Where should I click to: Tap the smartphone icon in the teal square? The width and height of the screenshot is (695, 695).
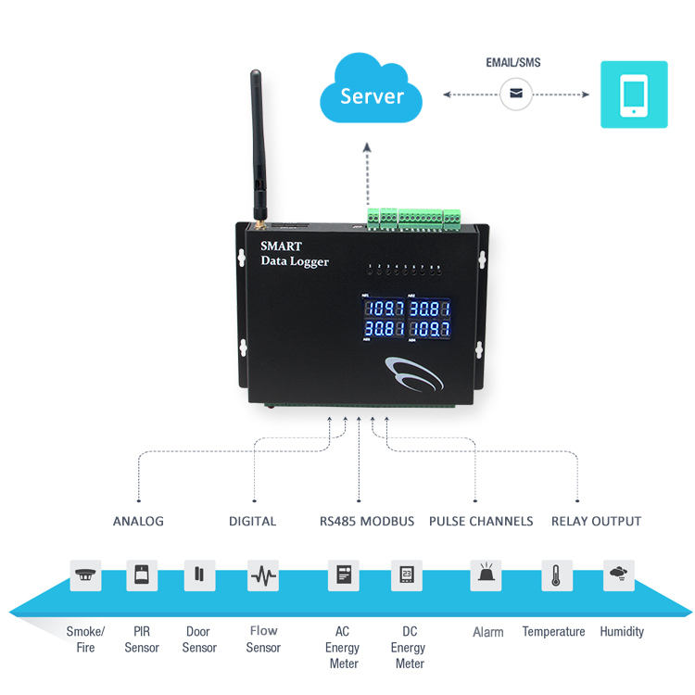(x=634, y=95)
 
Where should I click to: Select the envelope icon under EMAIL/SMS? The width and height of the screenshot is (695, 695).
(x=515, y=94)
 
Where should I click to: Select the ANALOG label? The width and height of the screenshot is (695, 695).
(x=138, y=521)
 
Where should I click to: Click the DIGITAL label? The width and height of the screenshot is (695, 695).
(x=252, y=521)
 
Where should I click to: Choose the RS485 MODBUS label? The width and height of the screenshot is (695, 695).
(x=360, y=521)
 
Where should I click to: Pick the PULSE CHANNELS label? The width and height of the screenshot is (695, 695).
(x=481, y=521)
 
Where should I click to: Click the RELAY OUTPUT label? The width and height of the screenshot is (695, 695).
(x=596, y=521)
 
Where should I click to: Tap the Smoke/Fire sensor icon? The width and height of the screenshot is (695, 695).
(x=86, y=575)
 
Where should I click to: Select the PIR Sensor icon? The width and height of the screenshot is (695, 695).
(x=142, y=575)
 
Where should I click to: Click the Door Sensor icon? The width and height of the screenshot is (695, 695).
(x=198, y=575)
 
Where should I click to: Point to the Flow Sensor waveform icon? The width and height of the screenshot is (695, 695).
(x=263, y=575)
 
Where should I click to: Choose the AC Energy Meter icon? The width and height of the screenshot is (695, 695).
(x=343, y=575)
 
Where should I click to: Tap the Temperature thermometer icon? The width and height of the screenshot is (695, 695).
(x=556, y=575)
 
